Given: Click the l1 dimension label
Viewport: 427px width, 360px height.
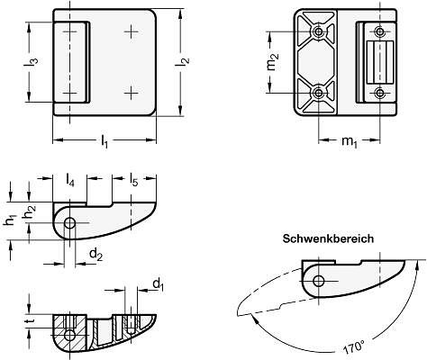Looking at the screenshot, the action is point(104,141).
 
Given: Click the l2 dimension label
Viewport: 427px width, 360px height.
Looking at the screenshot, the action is point(183,62).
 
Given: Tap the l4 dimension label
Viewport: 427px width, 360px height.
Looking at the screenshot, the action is point(69,180).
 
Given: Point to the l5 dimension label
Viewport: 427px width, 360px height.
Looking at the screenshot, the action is point(133,179).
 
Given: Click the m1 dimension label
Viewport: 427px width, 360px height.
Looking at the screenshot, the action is point(350,141).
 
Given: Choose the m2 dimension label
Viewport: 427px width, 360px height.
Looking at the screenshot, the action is point(272,61).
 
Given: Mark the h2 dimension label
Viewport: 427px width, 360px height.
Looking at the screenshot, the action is point(29,212).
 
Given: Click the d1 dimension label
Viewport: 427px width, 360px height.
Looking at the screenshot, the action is point(159,284).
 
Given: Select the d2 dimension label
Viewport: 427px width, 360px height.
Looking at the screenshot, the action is point(96,255).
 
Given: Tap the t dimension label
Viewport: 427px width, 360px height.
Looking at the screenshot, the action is point(30,321).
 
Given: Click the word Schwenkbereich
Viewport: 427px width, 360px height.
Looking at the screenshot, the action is point(328,238).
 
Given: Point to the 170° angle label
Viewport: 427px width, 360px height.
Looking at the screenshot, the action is point(354,347).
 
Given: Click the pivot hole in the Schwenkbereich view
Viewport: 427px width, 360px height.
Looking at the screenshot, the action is point(319,281).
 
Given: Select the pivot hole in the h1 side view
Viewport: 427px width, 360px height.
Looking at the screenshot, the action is point(70,223).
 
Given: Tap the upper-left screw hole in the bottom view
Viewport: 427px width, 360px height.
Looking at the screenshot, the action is point(318,31).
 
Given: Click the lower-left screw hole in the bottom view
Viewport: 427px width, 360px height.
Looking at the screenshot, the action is point(318,94).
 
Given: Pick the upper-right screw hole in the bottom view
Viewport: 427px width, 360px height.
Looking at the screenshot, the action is point(380,31).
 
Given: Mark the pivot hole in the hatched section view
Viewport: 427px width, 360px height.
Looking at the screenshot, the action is point(70,335).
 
